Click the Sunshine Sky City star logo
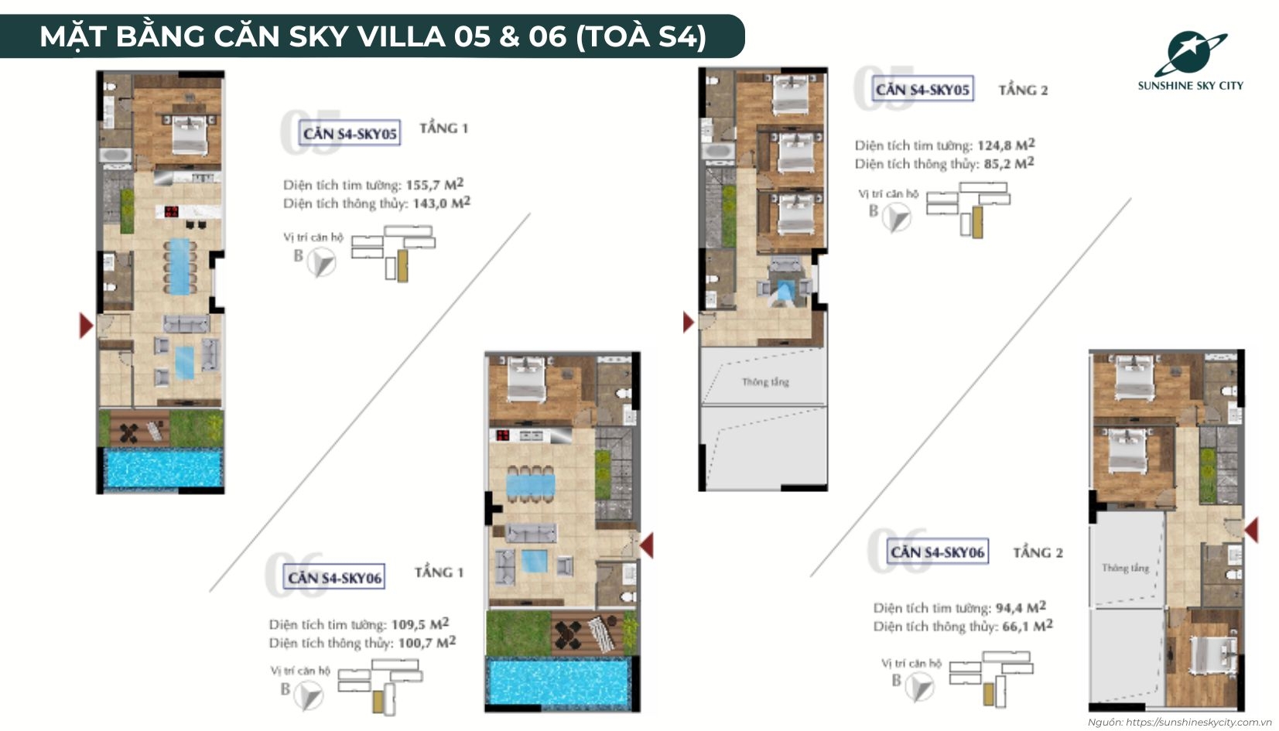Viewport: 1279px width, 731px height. pyautogui.click(x=1188, y=53)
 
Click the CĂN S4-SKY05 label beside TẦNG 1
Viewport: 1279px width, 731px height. pyautogui.click(x=350, y=134)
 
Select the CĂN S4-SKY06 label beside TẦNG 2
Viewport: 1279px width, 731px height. pyautogui.click(x=936, y=552)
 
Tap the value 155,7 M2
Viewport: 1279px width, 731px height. pyautogui.click(x=434, y=185)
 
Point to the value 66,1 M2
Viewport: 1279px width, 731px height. pyautogui.click(x=1027, y=626)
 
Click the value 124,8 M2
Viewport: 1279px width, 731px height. pyautogui.click(x=1006, y=145)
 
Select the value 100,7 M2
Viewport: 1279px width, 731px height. pyautogui.click(x=426, y=643)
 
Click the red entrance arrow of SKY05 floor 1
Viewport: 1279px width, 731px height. pyautogui.click(x=86, y=326)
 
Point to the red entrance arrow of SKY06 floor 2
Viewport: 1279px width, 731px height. pyautogui.click(x=1251, y=530)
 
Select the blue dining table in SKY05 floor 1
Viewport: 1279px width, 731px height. pyautogui.click(x=179, y=266)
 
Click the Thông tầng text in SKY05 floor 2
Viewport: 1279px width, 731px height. pyautogui.click(x=764, y=382)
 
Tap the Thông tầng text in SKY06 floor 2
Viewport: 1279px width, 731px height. pyautogui.click(x=1125, y=568)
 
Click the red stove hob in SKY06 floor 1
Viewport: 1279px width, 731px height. pyautogui.click(x=504, y=436)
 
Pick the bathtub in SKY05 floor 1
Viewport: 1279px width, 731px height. pyautogui.click(x=116, y=155)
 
